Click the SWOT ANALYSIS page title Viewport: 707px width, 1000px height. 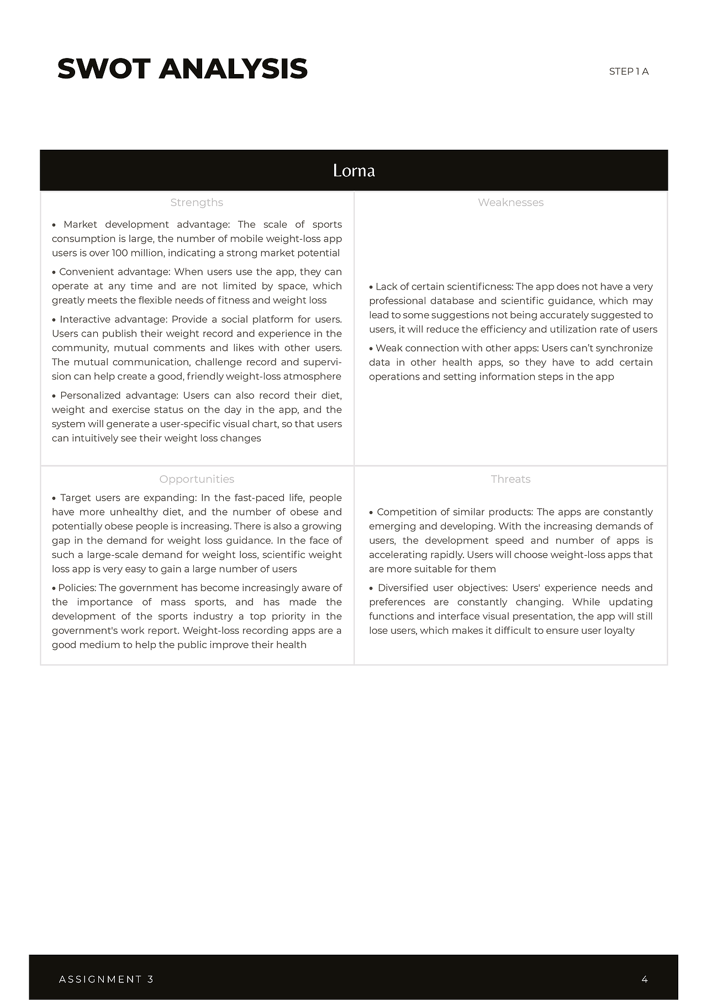[x=182, y=69]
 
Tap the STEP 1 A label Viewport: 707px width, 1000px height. [x=629, y=71]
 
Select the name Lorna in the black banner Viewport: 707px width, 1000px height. [x=353, y=170]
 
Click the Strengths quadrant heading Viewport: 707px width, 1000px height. [x=197, y=202]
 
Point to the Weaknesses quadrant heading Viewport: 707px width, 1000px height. [x=510, y=202]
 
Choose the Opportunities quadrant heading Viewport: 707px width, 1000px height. [x=197, y=479]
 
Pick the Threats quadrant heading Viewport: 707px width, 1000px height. [x=510, y=479]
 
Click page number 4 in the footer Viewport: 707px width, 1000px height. [x=645, y=979]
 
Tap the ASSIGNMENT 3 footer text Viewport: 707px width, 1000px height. [x=106, y=979]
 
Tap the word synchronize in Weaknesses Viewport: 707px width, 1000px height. [x=625, y=348]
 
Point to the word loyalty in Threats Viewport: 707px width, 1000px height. [x=619, y=630]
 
